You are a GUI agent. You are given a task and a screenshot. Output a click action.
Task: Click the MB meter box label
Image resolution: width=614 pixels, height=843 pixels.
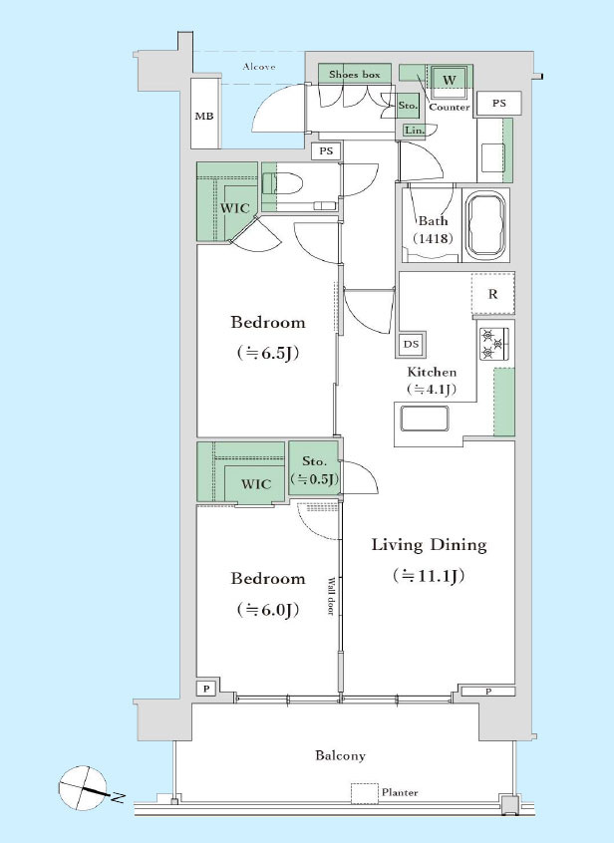[203, 117]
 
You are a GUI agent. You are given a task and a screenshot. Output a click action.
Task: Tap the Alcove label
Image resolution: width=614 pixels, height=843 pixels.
[259, 67]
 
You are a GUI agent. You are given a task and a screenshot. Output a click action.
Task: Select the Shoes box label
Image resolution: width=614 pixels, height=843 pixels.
[354, 75]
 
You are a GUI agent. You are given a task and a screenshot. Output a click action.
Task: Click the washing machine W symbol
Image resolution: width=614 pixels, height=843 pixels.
[450, 80]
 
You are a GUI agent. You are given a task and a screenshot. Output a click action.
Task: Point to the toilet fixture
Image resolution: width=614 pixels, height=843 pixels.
[282, 183]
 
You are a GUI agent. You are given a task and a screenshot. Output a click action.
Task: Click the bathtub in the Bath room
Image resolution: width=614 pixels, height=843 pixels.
[486, 225]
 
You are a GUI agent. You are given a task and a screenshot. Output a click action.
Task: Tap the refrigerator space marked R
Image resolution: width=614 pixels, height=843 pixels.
[493, 294]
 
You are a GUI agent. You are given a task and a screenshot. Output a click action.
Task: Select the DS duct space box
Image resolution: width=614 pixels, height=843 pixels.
[412, 344]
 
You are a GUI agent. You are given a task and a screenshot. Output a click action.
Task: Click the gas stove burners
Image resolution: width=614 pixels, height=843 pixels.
[494, 343]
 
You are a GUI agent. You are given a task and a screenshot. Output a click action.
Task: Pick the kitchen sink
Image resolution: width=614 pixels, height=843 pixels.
[425, 419]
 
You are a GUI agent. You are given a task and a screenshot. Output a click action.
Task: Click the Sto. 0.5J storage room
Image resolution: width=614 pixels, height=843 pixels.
[314, 470]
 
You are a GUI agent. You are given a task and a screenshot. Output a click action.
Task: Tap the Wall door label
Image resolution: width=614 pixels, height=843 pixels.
[331, 596]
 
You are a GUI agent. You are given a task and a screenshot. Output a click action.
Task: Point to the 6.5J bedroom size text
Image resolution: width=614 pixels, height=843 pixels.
[268, 353]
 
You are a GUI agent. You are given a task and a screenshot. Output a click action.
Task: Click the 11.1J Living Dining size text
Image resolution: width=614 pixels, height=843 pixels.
[429, 576]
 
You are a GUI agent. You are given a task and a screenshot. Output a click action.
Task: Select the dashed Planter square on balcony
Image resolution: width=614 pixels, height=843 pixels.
[365, 793]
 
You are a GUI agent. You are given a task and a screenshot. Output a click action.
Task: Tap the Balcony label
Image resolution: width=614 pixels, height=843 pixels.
[340, 755]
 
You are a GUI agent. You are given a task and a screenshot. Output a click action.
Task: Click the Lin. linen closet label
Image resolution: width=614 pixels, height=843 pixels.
[414, 131]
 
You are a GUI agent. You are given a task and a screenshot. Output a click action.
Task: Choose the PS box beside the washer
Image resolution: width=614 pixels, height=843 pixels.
[499, 103]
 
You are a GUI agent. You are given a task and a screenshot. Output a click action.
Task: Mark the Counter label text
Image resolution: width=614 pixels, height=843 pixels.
[450, 107]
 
